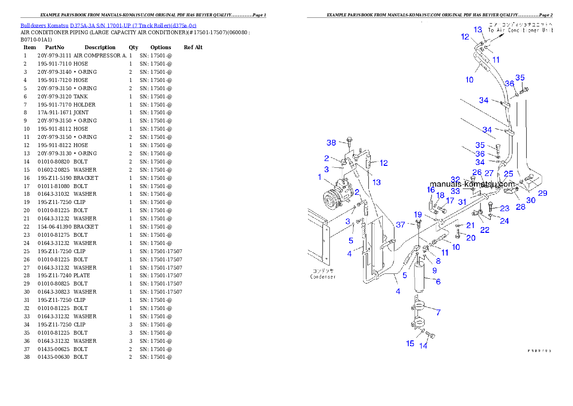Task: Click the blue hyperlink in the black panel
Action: click(108, 25)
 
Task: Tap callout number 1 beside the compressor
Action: click(319, 177)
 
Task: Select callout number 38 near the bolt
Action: click(331, 143)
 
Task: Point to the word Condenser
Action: click(322, 277)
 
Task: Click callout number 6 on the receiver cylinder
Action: click(438, 282)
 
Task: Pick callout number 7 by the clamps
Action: click(438, 312)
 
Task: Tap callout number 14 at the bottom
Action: click(423, 346)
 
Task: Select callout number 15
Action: click(410, 343)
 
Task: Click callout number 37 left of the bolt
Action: click(401, 224)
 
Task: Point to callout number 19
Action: click(418, 215)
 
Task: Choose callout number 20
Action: click(471, 238)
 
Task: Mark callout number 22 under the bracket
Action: click(484, 230)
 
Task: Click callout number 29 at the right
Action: click(543, 193)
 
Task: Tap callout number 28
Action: click(521, 207)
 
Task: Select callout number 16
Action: click(430, 190)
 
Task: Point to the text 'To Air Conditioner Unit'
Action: click(520, 30)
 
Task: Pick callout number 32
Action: click(456, 179)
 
